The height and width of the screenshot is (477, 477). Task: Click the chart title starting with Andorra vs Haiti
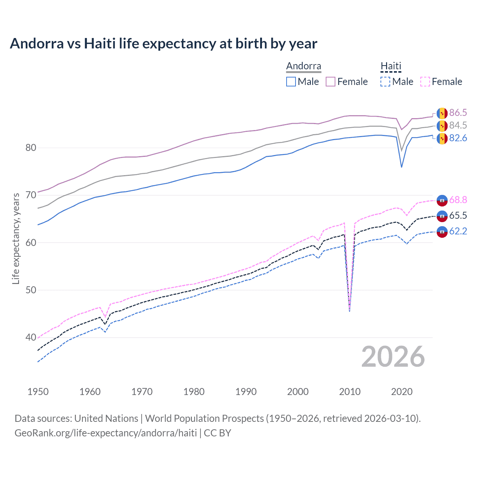(x=163, y=44)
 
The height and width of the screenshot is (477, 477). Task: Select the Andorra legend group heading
(x=303, y=66)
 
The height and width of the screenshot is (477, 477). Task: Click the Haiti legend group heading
(x=391, y=66)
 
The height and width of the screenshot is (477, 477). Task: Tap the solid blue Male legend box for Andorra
(x=291, y=82)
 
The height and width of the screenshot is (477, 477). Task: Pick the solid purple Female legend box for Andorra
(x=331, y=82)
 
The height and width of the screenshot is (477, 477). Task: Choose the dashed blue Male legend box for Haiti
(x=385, y=82)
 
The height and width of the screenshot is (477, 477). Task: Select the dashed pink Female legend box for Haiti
(x=425, y=82)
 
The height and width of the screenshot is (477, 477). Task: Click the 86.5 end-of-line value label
(x=458, y=113)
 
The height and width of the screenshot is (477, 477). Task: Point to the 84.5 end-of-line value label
(x=458, y=126)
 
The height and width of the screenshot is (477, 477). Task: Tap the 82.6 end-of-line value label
(x=458, y=138)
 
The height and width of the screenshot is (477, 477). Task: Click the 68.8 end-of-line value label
(x=458, y=200)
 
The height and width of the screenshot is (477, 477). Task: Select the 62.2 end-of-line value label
(x=458, y=231)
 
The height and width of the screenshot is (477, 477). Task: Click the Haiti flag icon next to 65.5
(x=442, y=216)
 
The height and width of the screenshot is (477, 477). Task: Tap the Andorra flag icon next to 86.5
(x=442, y=113)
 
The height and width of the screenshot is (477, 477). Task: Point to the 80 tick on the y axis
(x=31, y=148)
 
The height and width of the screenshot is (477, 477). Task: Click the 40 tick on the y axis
(x=31, y=338)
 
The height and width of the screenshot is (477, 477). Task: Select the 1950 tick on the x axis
(x=38, y=392)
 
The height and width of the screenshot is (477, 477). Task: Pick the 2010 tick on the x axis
(x=350, y=392)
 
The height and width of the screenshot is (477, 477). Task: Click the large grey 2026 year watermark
(x=393, y=357)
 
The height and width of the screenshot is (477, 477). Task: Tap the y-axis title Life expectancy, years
(x=16, y=238)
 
